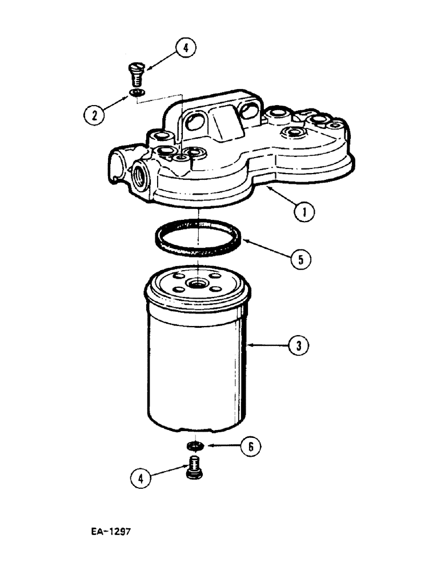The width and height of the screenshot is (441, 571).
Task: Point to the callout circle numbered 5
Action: coord(300,259)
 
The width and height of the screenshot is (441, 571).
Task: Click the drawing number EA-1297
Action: coord(111,531)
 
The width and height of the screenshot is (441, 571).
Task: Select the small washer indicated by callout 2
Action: coord(137,93)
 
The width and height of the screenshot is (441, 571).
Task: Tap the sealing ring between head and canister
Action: coord(197,240)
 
